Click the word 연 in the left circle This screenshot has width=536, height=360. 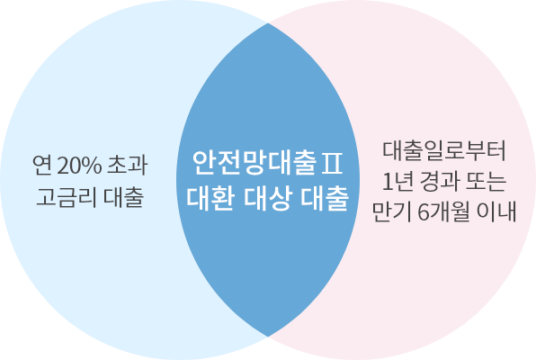42,165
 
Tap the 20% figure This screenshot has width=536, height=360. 79,166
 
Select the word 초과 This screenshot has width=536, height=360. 128,165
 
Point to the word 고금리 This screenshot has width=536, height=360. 67,197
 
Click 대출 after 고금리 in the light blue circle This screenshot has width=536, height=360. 123,197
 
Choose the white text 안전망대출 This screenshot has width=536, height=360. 255,163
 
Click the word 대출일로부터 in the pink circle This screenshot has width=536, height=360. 444,150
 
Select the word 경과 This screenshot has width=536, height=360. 439,182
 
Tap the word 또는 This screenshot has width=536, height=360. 486,182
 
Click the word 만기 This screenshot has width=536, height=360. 392,212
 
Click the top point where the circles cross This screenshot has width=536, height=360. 268,23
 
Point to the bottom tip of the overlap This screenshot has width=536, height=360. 268,337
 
